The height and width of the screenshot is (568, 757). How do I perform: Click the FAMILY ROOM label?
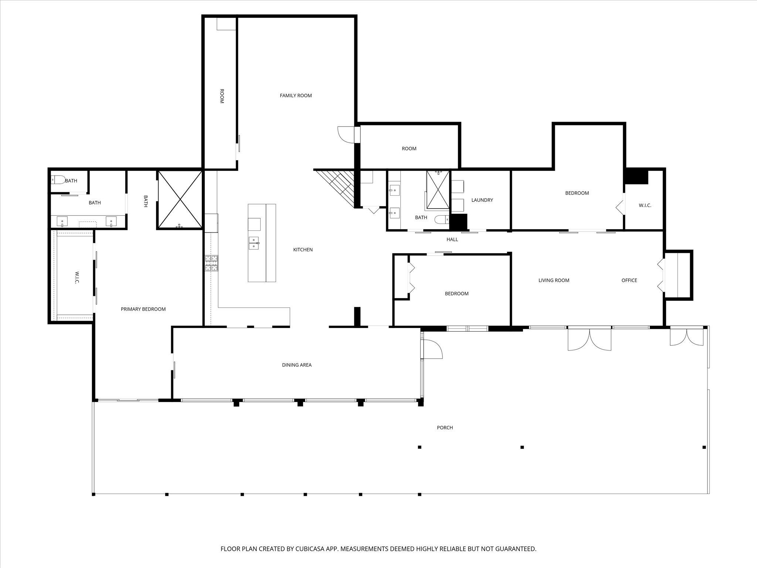[x=296, y=95]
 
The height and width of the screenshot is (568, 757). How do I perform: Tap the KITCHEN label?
[x=303, y=250]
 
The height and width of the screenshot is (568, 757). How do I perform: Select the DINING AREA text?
[x=296, y=365]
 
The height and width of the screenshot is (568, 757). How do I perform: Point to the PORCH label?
[x=445, y=427]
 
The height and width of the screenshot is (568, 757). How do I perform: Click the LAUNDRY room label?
[x=482, y=200]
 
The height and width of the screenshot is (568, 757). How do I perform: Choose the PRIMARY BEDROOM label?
[x=143, y=309]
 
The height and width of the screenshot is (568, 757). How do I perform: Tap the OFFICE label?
[x=629, y=280]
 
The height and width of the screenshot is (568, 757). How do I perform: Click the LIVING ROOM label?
[x=553, y=280]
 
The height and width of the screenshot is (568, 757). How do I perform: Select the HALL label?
[x=452, y=240]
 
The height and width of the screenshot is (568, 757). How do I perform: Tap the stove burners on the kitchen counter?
[x=211, y=263]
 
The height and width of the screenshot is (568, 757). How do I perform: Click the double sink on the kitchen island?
[x=254, y=243]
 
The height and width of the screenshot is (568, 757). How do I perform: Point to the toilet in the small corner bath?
[x=57, y=180]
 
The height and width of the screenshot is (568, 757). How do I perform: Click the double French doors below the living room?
[x=589, y=339]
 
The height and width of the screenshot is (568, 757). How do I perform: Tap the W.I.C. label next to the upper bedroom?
[x=645, y=205]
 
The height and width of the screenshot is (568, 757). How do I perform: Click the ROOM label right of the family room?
[x=409, y=149]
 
